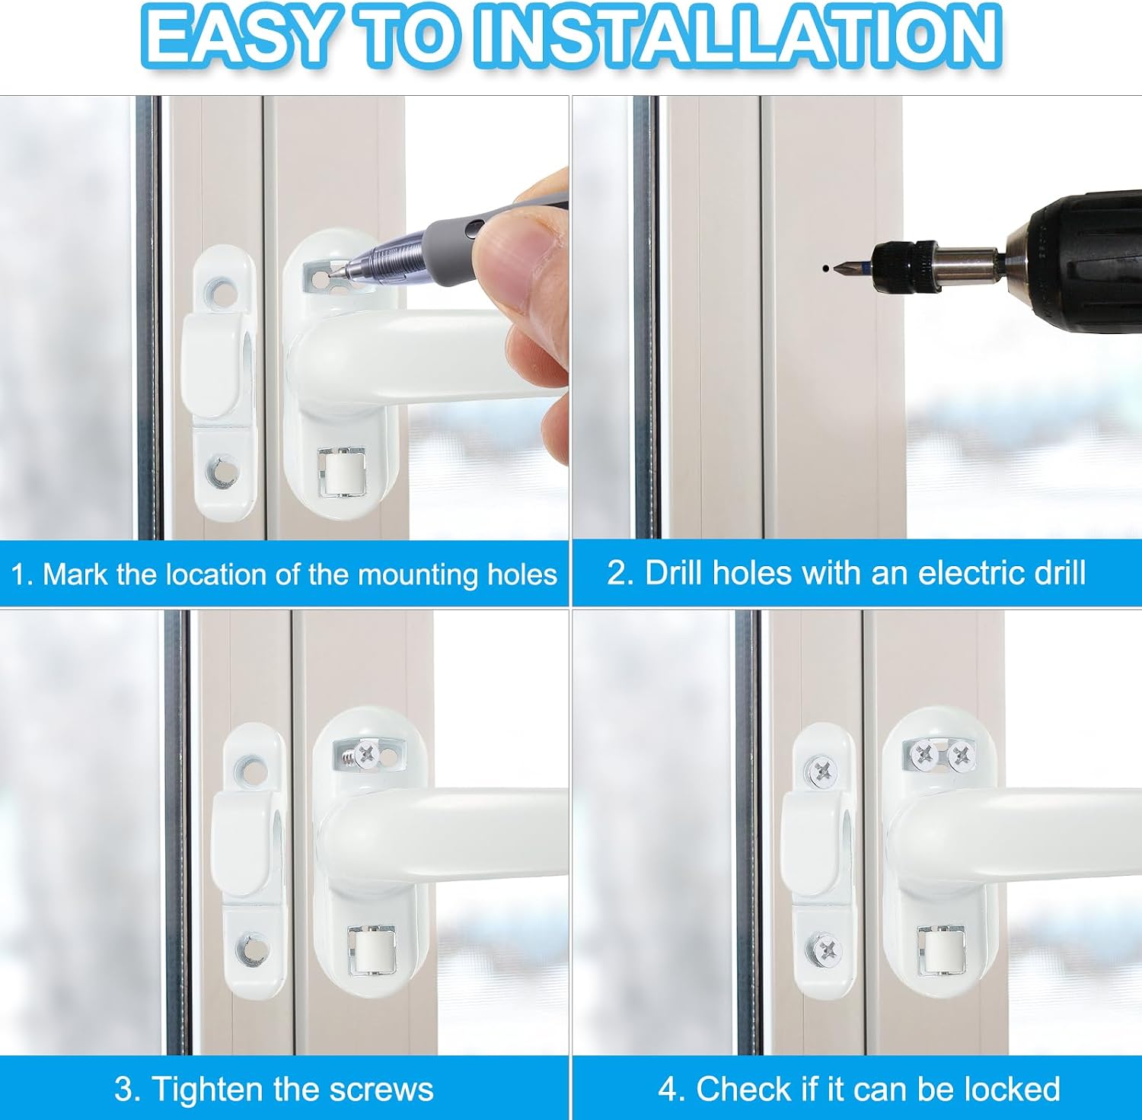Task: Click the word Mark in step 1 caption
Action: [x=75, y=574]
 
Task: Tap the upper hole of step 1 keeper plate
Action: [x=221, y=291]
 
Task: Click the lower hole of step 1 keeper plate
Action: [x=221, y=469]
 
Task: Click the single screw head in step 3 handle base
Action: [x=367, y=754]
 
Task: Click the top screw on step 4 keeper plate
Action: [x=822, y=771]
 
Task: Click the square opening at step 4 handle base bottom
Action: [x=941, y=950]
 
